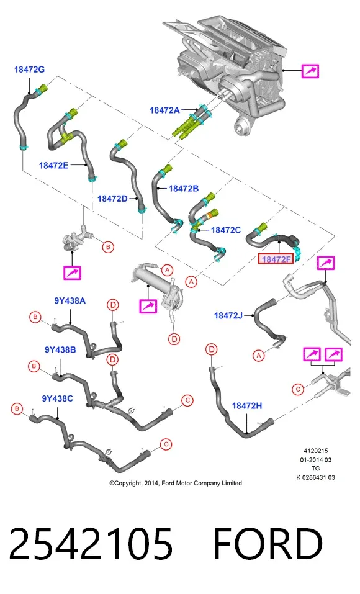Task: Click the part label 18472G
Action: [29, 70]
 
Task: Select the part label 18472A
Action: [164, 110]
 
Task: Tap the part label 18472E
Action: [53, 165]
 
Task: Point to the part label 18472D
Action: [112, 199]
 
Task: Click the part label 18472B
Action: [183, 188]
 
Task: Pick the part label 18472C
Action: [226, 230]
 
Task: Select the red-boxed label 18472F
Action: [276, 259]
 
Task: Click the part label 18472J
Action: [228, 315]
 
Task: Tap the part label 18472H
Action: [247, 406]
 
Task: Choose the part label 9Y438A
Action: [70, 301]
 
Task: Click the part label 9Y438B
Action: [60, 349]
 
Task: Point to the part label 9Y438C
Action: [58, 398]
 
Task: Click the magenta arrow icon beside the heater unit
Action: [310, 71]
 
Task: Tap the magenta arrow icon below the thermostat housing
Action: [72, 272]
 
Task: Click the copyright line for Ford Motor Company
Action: [176, 483]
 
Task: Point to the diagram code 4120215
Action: [316, 451]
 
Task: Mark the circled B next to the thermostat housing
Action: [109, 247]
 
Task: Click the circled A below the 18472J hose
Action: [258, 355]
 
